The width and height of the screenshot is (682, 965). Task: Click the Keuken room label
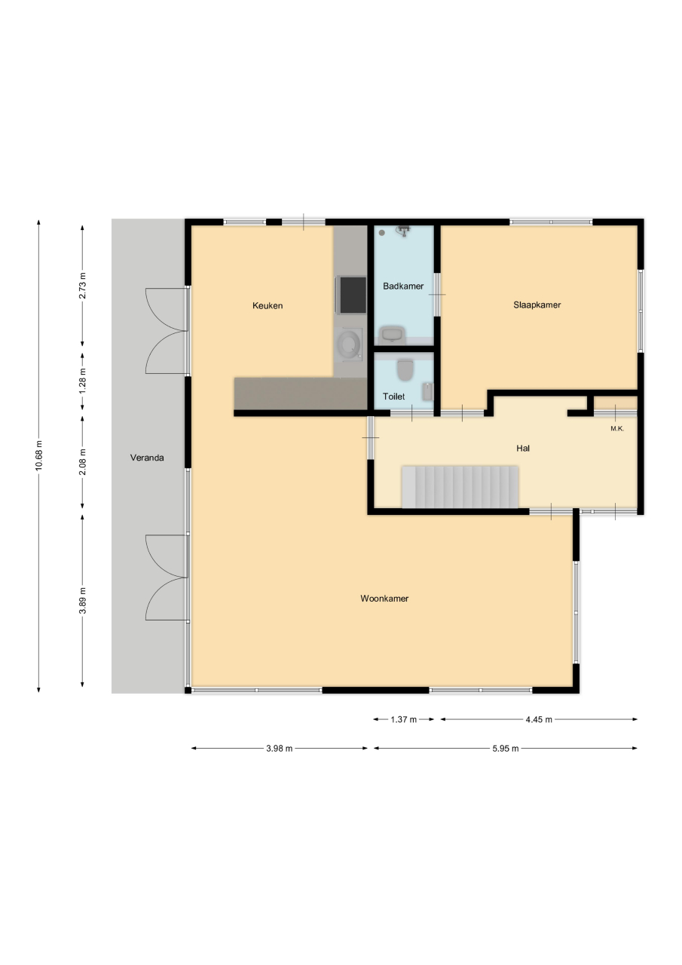point(268,306)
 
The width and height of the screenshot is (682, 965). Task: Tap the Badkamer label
point(403,286)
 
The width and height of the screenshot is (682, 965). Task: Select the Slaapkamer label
point(537,305)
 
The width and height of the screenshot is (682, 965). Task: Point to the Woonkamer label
point(384,599)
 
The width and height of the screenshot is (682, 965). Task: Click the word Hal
point(523,449)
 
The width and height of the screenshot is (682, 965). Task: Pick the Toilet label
point(393,397)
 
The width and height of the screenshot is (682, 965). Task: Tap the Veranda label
point(147,458)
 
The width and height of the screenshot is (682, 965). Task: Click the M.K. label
point(617,429)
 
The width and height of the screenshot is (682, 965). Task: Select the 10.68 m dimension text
point(39,455)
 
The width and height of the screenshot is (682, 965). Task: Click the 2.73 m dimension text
point(83,286)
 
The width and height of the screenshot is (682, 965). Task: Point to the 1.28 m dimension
point(83,380)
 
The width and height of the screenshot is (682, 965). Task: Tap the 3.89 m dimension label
point(83,600)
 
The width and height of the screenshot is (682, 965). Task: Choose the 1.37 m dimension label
point(403,719)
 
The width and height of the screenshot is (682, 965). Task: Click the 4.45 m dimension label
point(539,719)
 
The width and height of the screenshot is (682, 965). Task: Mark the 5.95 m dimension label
point(506,749)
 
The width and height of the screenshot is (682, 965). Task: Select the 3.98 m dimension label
point(279,749)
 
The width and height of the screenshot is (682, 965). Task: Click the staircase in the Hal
point(460,487)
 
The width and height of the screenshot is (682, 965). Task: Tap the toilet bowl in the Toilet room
point(405,370)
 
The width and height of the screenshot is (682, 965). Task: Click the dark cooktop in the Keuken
point(353,295)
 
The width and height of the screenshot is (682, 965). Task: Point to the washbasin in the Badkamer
point(392,334)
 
